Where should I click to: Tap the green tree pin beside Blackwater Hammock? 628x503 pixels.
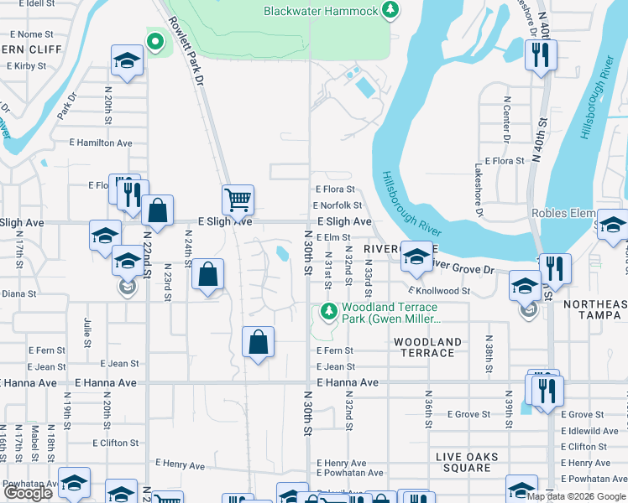click(389, 11)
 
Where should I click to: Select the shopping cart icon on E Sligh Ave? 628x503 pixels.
click(238, 200)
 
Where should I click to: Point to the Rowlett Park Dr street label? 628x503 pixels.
click(186, 50)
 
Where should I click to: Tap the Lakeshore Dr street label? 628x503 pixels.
click(479, 189)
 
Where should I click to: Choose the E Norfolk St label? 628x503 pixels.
click(337, 205)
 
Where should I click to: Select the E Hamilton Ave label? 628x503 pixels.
click(104, 143)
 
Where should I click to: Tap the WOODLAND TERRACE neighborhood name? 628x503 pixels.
click(427, 347)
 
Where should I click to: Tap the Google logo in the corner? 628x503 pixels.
click(28, 493)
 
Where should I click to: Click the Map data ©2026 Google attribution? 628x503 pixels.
click(576, 496)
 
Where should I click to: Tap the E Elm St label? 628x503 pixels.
click(332, 237)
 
